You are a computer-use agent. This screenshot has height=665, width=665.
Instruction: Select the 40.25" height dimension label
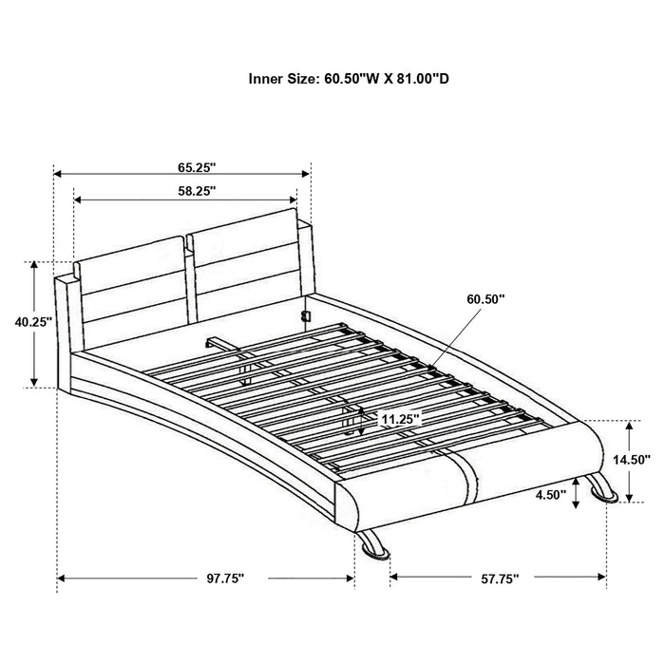pyautogui.click(x=33, y=322)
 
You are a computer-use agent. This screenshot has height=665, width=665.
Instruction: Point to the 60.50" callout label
pyautogui.click(x=485, y=298)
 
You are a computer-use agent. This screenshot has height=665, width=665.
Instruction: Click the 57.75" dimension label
pyautogui.click(x=499, y=577)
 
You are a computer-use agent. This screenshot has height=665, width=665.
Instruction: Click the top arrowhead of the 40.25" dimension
pyautogui.click(x=35, y=264)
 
